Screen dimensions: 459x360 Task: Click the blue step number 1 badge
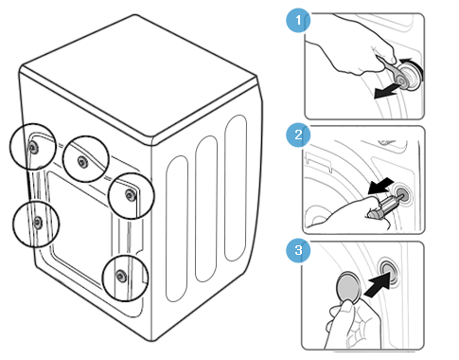point(298,21)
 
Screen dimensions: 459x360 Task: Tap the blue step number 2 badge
point(298,135)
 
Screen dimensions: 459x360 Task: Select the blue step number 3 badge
point(298,250)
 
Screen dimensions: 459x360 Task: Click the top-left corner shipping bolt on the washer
point(33,147)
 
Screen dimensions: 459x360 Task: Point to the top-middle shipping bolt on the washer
point(82,162)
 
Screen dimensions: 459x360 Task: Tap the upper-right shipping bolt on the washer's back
point(130,195)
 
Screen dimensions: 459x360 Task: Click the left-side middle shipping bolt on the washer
point(38,222)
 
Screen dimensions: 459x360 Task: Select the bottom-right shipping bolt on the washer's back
point(120,276)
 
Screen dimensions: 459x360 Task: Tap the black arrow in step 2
point(380,186)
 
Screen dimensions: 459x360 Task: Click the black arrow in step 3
point(378,285)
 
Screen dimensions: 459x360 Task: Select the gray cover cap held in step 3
point(348,287)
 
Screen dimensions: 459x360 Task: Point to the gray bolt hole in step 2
point(401,192)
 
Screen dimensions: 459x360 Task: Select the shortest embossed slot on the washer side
point(177,228)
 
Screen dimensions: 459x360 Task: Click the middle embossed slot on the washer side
point(206,209)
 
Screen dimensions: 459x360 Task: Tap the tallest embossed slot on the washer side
point(236,189)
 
